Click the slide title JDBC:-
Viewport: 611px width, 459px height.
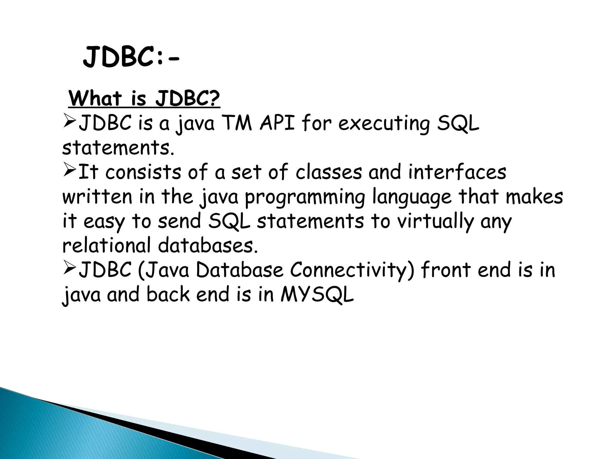[131, 58]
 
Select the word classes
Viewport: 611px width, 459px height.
[328, 172]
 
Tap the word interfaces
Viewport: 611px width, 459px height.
[457, 172]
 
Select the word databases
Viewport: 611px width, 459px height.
[207, 246]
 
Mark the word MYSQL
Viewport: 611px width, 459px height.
[317, 294]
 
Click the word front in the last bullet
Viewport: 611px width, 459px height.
[446, 270]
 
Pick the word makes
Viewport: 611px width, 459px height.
[534, 197]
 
